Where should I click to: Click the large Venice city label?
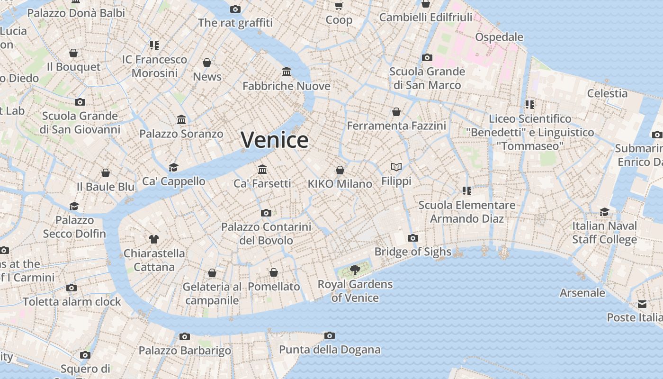[275, 140]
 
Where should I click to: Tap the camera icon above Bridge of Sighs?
[413, 238]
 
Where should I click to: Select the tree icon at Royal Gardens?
[355, 270]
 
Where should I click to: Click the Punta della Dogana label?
[330, 350]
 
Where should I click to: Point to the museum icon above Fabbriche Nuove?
[287, 72]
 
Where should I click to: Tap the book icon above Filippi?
[396, 167]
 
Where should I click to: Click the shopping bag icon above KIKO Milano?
[340, 170]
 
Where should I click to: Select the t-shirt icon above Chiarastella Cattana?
[154, 239]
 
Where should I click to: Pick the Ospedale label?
[499, 37]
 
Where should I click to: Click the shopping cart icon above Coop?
[339, 6]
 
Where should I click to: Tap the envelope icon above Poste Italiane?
[642, 304]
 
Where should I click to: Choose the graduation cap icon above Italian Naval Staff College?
[604, 212]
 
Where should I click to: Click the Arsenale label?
[582, 293]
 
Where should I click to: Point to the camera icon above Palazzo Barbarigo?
[185, 337]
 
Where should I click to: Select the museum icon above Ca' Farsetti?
[262, 169]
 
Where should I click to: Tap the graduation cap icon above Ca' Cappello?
[174, 167]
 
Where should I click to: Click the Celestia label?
[607, 93]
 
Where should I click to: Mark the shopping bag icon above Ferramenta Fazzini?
[396, 112]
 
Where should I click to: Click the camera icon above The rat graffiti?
[235, 9]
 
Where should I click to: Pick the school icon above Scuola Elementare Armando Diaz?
[467, 191]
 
